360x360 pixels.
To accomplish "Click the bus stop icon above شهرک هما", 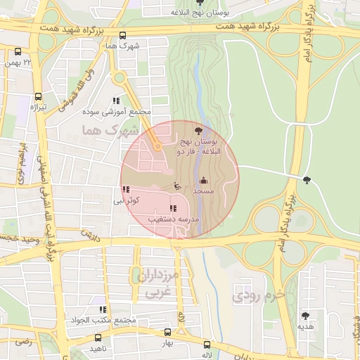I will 123,35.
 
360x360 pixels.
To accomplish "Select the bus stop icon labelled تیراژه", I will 38,96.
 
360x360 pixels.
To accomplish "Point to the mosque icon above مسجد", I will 204,180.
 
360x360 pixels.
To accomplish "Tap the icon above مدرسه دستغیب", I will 173,208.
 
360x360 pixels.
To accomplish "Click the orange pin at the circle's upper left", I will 158,146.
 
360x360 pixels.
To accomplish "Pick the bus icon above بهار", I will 167,332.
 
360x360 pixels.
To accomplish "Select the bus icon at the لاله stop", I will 207,345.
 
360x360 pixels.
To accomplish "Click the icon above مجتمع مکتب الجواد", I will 103,309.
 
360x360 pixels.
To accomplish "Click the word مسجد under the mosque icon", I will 203,191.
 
